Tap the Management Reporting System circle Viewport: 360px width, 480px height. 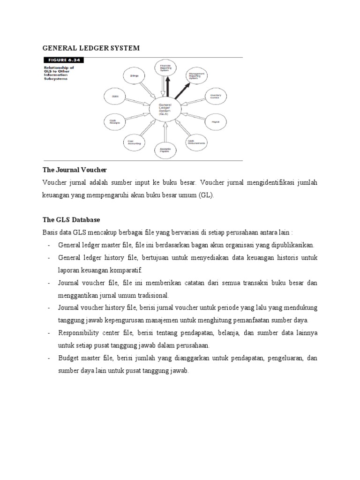click(197, 75)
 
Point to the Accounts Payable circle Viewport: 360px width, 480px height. click(165, 150)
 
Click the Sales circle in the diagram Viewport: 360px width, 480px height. click(115, 97)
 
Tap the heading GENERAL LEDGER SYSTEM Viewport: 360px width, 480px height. click(91, 48)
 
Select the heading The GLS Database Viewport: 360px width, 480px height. click(71, 219)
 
